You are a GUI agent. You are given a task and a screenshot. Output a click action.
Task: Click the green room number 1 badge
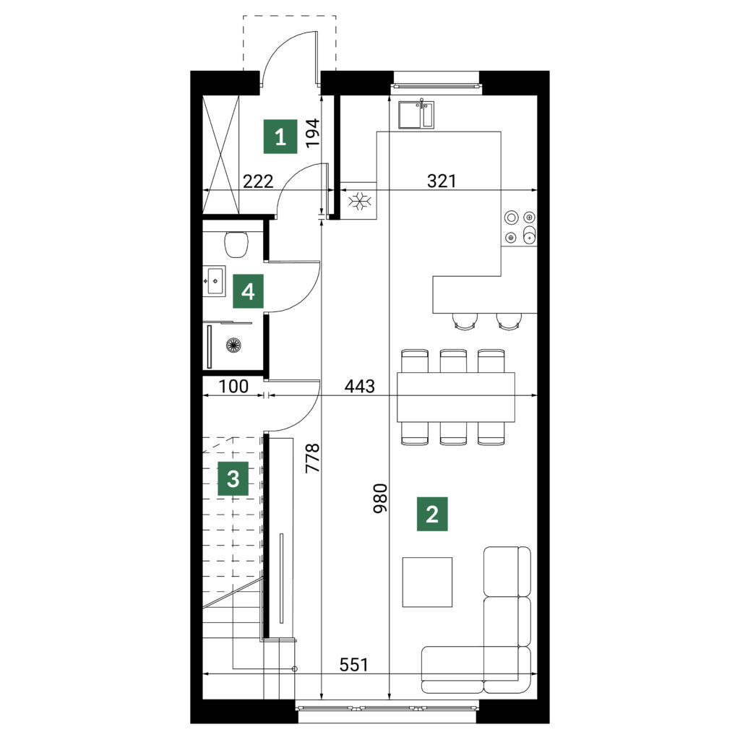280,137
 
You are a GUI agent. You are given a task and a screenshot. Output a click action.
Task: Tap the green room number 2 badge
432,514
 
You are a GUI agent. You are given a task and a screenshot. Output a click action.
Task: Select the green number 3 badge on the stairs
233,479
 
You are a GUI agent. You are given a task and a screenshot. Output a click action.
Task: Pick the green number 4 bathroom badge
249,291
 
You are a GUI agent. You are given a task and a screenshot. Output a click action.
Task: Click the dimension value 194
313,134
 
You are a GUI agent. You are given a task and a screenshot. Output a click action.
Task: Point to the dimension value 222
258,181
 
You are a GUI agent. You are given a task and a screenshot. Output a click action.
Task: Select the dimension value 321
442,181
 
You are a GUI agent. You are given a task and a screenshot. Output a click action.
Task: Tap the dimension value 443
360,386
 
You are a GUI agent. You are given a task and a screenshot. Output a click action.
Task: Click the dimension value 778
313,457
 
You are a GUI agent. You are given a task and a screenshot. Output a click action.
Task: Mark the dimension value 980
380,498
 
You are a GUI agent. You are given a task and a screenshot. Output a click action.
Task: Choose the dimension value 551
353,665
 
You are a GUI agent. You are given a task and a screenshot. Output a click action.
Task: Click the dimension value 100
233,387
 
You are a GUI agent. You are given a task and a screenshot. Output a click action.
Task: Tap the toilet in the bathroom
236,244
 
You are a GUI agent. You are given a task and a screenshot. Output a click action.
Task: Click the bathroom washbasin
215,281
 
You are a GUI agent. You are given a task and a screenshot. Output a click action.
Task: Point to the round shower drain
233,345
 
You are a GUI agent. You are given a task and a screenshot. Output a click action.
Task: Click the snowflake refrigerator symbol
360,201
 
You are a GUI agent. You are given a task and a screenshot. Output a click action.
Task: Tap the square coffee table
427,582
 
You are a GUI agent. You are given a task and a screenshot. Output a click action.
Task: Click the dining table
456,397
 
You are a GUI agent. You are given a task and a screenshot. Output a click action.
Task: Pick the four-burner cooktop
519,228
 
